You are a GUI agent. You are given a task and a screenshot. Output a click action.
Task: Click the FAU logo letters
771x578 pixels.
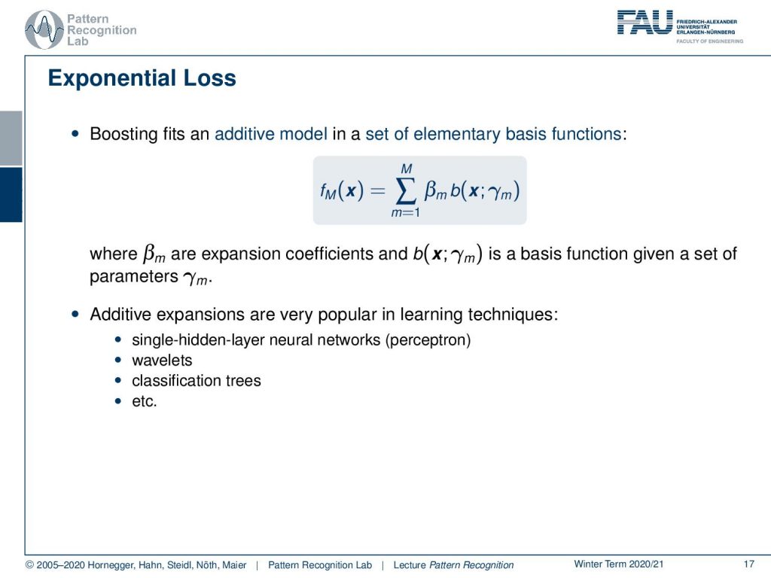[645, 23]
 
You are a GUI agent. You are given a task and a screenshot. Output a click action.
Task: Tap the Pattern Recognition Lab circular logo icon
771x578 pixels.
[44, 30]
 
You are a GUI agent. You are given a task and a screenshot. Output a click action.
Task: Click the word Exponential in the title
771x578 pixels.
[111, 78]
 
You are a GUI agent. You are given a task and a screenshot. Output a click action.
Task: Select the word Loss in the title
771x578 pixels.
[210, 78]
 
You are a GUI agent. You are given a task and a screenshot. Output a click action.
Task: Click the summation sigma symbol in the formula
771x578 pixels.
[405, 190]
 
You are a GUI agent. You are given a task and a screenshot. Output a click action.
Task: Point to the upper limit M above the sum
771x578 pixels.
[406, 169]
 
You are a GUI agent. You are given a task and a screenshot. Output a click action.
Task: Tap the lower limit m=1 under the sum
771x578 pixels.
[405, 213]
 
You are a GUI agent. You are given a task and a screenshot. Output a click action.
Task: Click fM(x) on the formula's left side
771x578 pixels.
[342, 190]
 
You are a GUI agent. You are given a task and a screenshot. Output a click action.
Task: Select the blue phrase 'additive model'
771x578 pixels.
[271, 134]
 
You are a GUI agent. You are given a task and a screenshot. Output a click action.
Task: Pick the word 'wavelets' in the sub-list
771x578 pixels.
[162, 360]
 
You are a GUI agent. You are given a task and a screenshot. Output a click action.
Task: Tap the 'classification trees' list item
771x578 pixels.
[197, 380]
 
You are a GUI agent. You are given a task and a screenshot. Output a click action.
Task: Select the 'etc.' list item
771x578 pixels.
[144, 401]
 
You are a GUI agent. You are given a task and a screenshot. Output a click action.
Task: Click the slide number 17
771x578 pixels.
[749, 564]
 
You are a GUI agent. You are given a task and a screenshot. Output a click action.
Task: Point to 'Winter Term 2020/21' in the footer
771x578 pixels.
[619, 564]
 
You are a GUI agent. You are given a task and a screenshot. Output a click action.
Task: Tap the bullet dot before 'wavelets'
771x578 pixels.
[117, 360]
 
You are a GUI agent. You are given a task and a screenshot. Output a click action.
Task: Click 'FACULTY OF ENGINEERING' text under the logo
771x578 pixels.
[709, 41]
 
